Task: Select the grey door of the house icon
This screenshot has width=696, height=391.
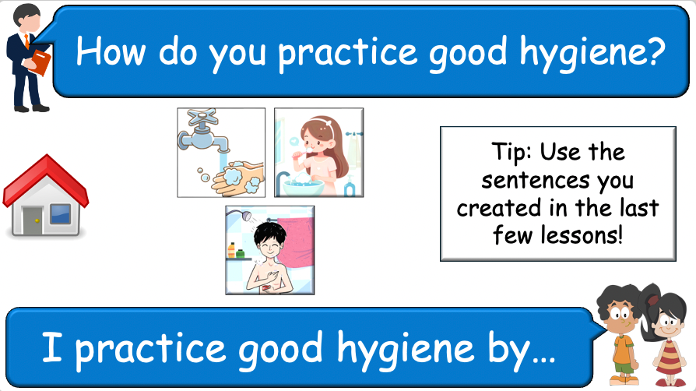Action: tap(32, 219)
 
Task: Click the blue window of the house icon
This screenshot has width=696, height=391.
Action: tap(60, 212)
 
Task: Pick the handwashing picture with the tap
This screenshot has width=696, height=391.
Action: tap(221, 152)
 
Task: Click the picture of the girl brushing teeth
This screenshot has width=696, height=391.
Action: tap(318, 152)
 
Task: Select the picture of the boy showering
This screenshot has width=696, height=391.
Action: tap(269, 249)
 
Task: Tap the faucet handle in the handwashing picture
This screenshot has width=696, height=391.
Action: tap(205, 120)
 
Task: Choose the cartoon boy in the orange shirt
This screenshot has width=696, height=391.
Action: tap(621, 331)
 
